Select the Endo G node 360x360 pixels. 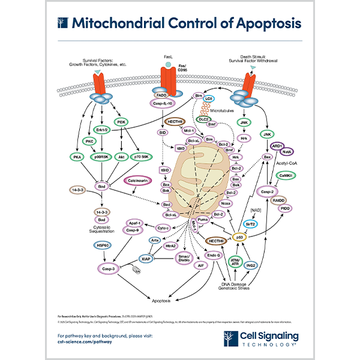click(214, 256)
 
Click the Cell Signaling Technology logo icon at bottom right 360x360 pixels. click(248, 338)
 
